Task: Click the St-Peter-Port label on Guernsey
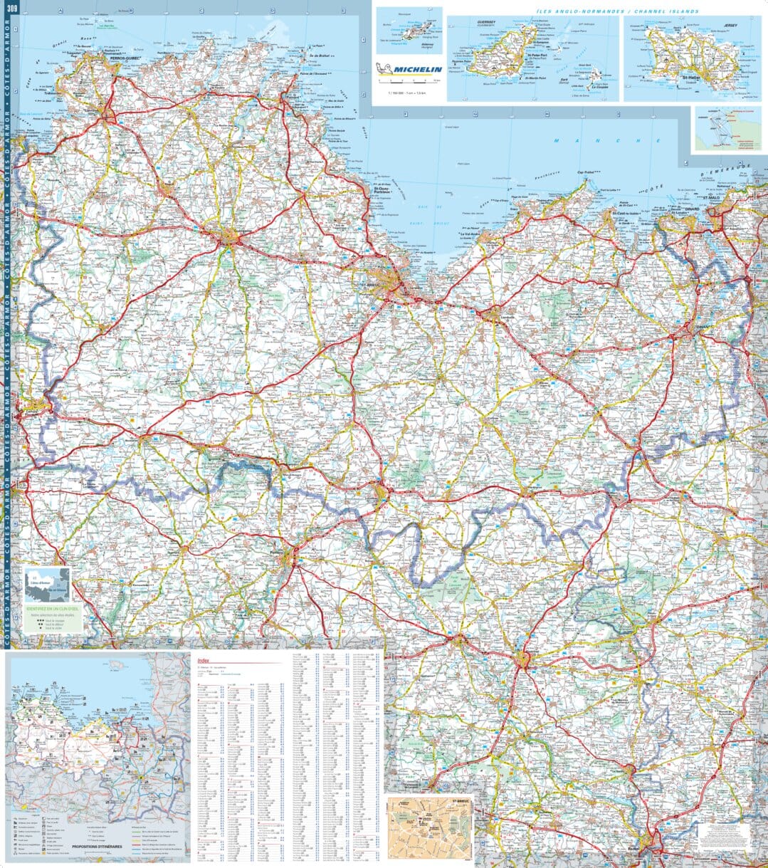coord(536,54)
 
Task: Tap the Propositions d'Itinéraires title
coord(97,847)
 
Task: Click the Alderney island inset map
coord(409,31)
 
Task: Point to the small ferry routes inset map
coord(727,129)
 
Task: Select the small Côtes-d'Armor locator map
coord(46,584)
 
